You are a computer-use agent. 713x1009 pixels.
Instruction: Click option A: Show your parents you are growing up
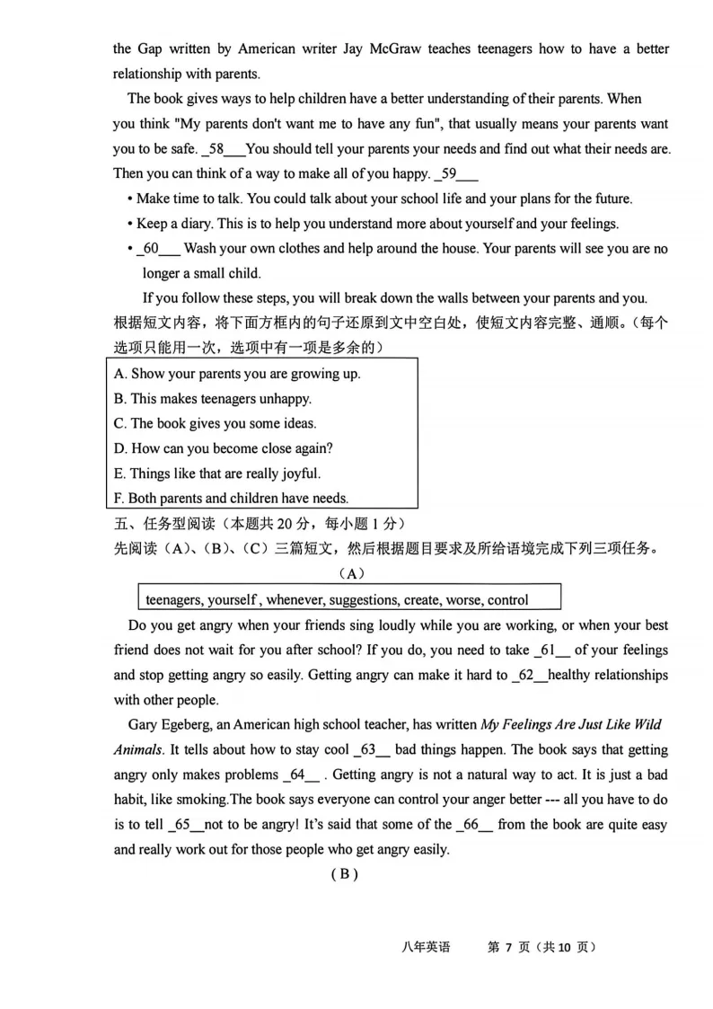237,374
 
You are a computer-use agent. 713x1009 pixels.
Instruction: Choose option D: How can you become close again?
223,448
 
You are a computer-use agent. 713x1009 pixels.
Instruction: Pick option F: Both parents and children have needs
231,498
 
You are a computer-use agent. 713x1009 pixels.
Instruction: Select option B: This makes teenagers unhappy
212,399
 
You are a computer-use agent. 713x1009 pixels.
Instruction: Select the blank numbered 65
185,824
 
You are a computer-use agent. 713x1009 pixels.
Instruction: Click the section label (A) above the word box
351,573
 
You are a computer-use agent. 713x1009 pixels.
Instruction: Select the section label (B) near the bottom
344,874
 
